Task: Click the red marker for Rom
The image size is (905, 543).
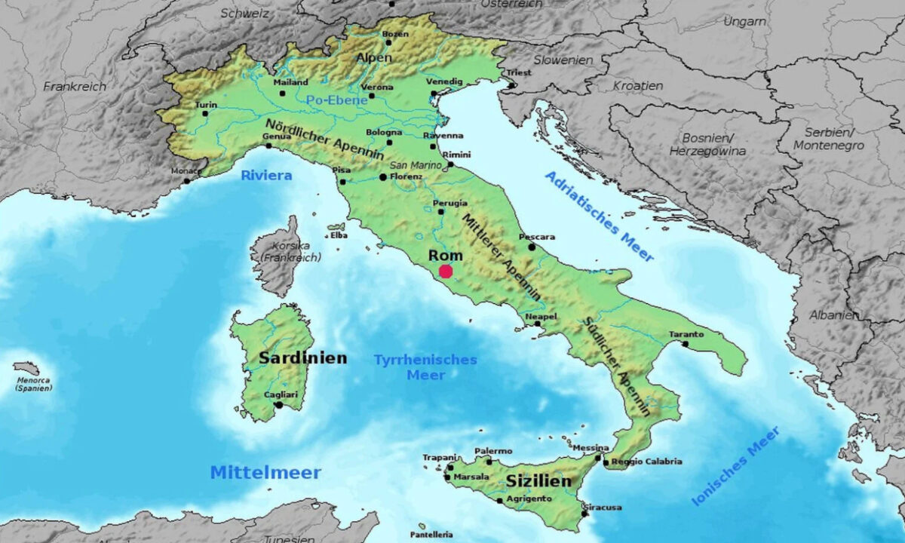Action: tap(446, 271)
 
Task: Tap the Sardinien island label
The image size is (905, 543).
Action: tap(303, 358)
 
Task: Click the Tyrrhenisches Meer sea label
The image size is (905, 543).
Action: tap(425, 367)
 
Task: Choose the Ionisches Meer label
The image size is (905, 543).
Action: tap(736, 465)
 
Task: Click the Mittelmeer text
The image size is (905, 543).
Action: tap(265, 473)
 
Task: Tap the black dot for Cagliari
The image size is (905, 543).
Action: tap(278, 405)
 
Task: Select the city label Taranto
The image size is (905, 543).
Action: tap(686, 334)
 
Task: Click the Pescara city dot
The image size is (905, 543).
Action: tap(532, 247)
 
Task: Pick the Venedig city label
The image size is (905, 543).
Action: tap(444, 81)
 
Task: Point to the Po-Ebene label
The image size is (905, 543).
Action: tap(336, 100)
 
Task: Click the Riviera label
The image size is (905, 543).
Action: tap(266, 176)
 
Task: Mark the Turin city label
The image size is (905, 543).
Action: tap(206, 104)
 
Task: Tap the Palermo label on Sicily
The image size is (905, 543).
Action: tap(493, 451)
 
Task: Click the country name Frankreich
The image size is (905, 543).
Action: tap(75, 86)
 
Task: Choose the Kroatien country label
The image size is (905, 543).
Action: tap(638, 85)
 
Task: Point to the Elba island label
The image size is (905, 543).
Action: tap(339, 235)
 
